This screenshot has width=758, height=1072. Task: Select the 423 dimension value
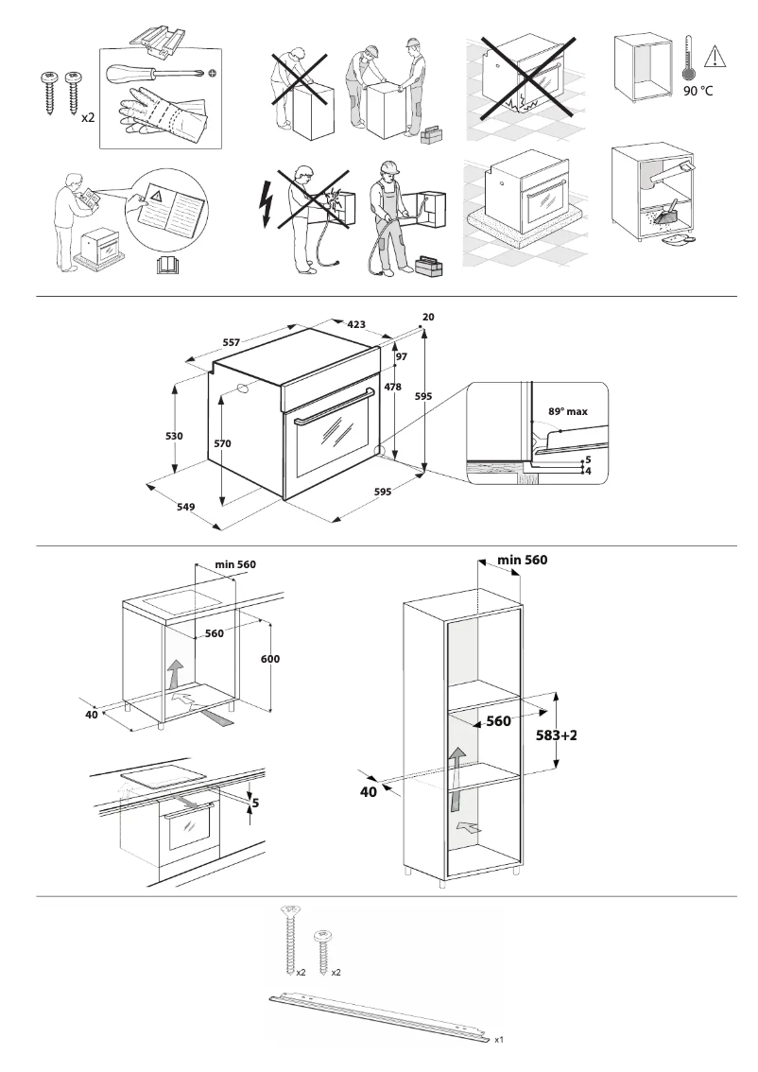pos(356,325)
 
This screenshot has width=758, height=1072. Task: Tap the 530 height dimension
pos(173,436)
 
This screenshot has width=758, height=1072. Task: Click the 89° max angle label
pos(568,412)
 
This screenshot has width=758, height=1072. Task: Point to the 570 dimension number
pos(222,443)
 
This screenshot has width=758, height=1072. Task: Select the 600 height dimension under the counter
pos(270,658)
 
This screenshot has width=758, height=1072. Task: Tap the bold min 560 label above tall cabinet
pos(522,560)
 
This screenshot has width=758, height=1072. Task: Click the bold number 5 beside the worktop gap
pos(254,804)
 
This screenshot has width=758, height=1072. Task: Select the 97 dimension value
pos(401,356)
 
